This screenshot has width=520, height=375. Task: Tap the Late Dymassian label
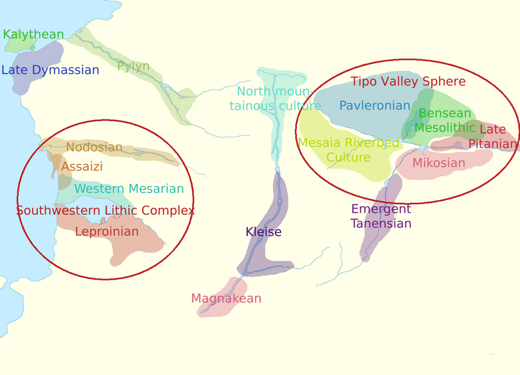pos(50,70)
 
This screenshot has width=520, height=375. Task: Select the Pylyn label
pos(133,66)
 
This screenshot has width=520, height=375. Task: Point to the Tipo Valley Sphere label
pos(408,81)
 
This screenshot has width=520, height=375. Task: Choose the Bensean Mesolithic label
pos(444,121)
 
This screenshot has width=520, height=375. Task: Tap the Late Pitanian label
pos(493,137)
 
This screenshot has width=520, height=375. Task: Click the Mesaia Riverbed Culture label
pos(349,150)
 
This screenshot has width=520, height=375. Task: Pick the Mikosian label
pos(438,163)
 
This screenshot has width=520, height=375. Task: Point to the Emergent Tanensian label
pos(381,216)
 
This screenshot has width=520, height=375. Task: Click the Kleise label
pos(263,232)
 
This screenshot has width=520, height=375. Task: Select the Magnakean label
pos(226,298)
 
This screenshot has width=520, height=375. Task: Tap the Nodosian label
pos(94,147)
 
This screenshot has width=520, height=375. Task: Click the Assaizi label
pos(82,166)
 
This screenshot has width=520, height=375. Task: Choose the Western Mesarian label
pos(129,189)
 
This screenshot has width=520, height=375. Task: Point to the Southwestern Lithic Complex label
pos(105,210)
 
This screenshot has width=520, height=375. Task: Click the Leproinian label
pos(106,231)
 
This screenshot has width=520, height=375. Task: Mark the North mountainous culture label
pos(275,98)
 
